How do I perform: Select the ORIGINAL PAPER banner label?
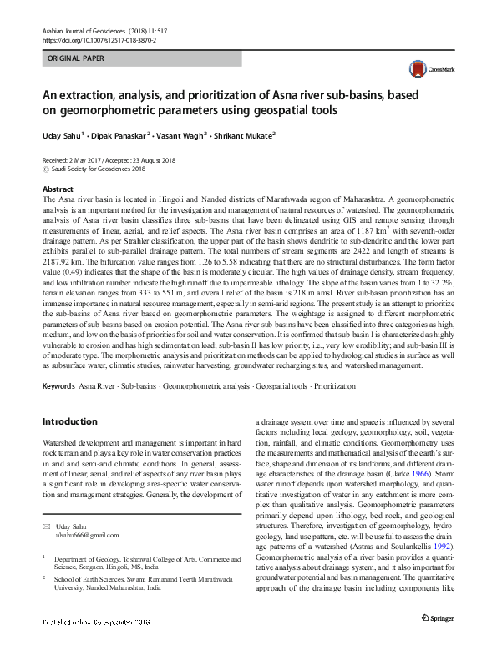[78, 59]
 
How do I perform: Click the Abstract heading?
[58, 189]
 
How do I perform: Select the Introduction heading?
[69, 421]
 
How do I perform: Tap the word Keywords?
[58, 386]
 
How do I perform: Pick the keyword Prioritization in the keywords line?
[334, 386]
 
